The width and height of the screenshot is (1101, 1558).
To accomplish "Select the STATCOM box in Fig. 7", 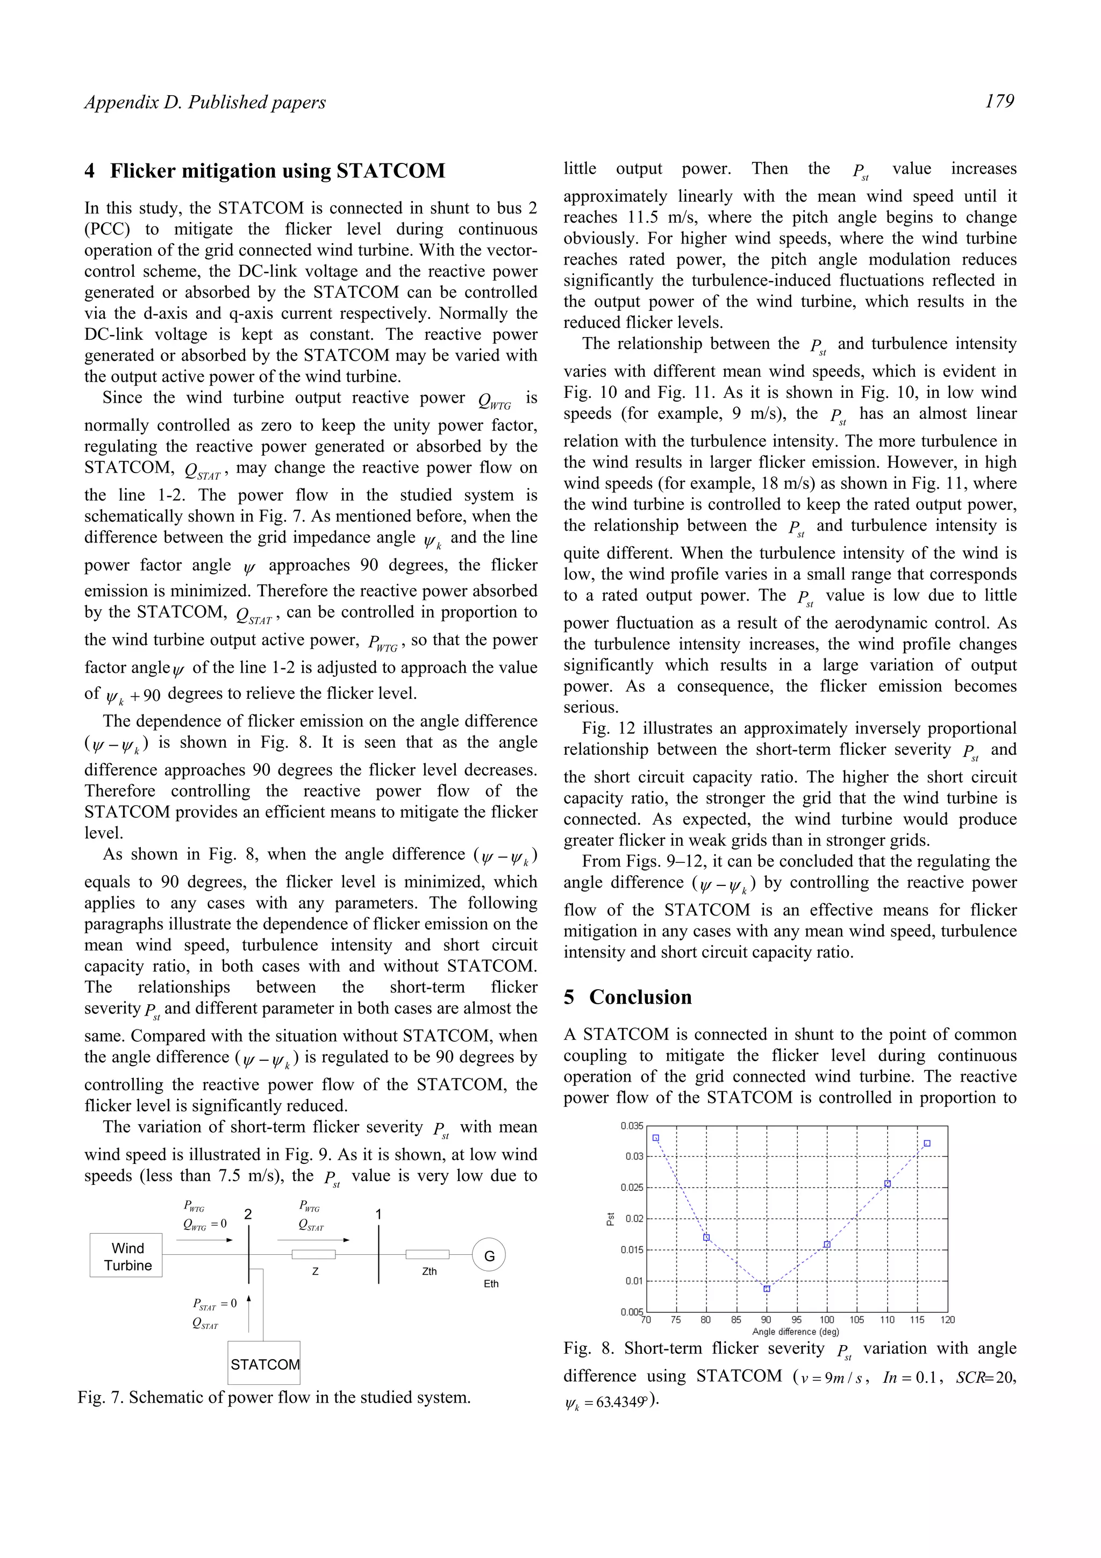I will [x=264, y=1363].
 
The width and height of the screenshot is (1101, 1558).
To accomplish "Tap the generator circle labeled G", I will [x=489, y=1255].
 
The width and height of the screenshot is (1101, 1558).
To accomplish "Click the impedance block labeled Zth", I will [x=427, y=1254].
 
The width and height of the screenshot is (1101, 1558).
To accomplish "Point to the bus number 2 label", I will [x=248, y=1214].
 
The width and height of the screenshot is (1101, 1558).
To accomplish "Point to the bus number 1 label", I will [x=378, y=1214].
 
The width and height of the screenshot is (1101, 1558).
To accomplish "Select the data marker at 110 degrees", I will [x=888, y=1184].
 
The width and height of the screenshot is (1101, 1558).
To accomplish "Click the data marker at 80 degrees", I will [x=706, y=1238].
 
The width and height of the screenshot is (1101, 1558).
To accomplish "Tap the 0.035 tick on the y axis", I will [x=632, y=1126].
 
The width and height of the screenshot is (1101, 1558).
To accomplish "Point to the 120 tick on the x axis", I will [x=948, y=1320].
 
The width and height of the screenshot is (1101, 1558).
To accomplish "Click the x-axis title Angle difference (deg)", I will [x=796, y=1331].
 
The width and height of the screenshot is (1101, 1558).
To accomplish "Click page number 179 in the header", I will [x=999, y=101].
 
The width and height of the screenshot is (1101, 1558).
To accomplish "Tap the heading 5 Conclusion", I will [x=627, y=997].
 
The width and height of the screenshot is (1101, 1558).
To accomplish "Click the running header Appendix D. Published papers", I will [x=205, y=103].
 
